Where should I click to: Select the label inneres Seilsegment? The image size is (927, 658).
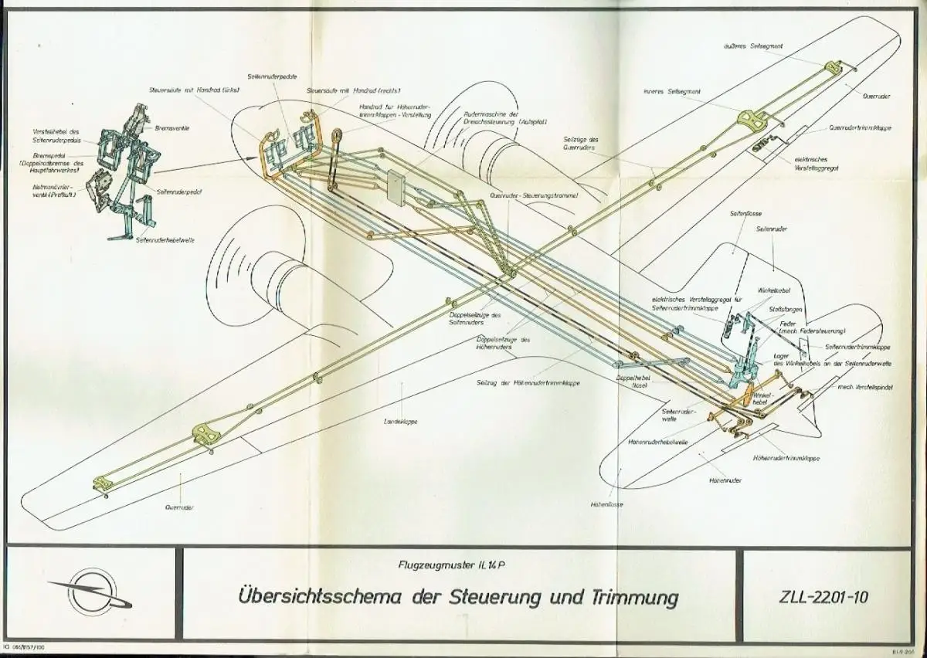(672, 91)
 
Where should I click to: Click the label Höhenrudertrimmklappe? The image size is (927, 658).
(786, 458)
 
